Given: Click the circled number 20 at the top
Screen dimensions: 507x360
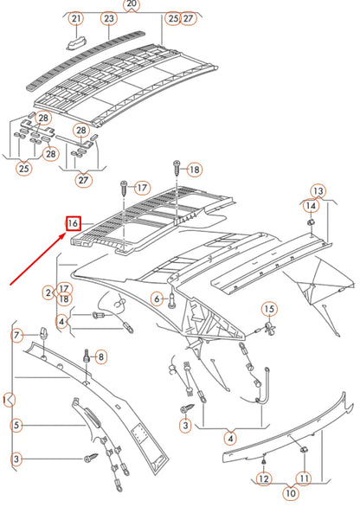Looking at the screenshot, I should (x=132, y=4).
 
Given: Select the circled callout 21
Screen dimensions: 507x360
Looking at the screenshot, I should (x=76, y=18).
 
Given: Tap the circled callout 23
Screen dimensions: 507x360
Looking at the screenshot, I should (x=108, y=18).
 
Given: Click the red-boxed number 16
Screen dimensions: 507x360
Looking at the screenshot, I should (x=74, y=224).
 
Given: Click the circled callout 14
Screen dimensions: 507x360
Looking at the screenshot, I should (x=310, y=205).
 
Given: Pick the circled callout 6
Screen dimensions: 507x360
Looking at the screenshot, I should (x=157, y=298).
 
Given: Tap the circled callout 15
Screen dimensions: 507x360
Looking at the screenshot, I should (x=269, y=309).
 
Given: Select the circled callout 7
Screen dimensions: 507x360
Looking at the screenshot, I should (x=16, y=335).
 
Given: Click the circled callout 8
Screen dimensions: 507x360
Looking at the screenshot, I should (x=101, y=356).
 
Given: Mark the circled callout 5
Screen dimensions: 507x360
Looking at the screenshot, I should (x=16, y=425).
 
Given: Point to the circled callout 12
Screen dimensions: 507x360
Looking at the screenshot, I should (x=263, y=478).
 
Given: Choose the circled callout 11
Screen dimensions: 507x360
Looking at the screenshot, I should (x=304, y=478).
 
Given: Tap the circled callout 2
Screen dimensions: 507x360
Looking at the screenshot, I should (x=48, y=292).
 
